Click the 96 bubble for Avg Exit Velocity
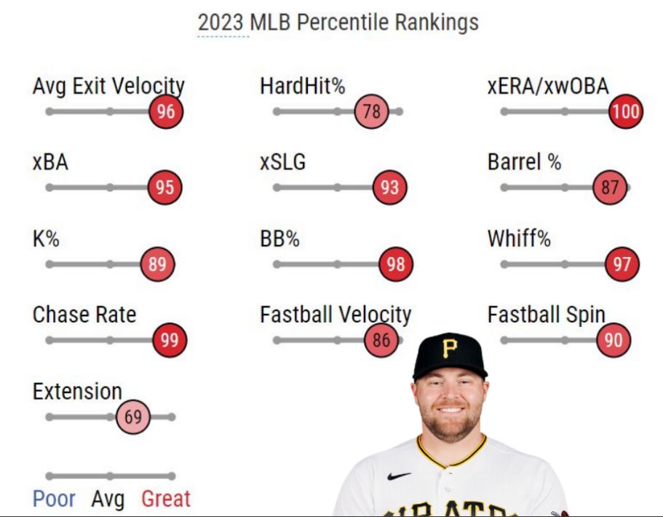[165, 111]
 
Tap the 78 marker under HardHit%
[372, 111]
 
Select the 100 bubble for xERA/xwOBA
[625, 111]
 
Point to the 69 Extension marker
[132, 417]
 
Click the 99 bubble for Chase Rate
[170, 340]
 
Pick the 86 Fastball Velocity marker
[381, 340]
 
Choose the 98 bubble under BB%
[395, 264]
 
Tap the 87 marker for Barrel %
[610, 188]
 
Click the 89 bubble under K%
[157, 264]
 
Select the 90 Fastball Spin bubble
[614, 340]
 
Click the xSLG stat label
[282, 162]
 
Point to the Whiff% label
[519, 239]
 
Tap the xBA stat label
[50, 162]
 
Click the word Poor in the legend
[54, 500]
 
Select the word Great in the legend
[166, 500]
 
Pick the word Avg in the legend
[108, 500]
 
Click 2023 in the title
[221, 22]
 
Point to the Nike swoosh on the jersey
[400, 475]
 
